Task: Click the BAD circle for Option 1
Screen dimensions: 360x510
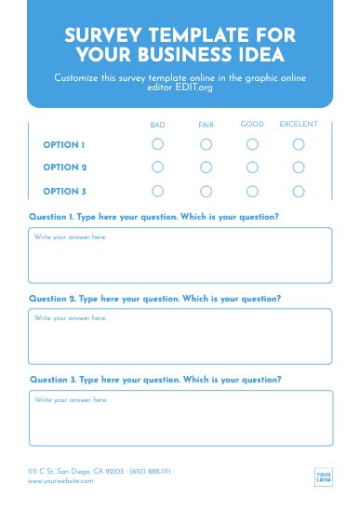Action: click(x=157, y=144)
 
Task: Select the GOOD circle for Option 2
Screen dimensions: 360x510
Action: click(x=252, y=168)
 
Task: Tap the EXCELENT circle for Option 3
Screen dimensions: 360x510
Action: click(x=299, y=191)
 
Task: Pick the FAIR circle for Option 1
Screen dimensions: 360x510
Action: click(x=206, y=144)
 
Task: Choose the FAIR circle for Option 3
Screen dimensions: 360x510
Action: click(x=206, y=191)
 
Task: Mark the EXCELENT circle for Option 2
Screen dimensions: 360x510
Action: click(x=299, y=168)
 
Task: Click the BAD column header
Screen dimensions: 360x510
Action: click(x=157, y=125)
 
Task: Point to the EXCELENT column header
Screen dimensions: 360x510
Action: click(x=299, y=124)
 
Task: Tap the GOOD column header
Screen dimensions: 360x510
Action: click(x=252, y=124)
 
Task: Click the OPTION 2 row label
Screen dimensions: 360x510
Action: click(x=64, y=168)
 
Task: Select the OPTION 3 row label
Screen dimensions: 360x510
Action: click(x=64, y=192)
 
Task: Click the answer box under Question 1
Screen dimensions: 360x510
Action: click(x=180, y=255)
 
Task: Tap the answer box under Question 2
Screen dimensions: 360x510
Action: click(x=180, y=336)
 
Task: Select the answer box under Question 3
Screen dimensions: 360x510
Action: click(x=180, y=418)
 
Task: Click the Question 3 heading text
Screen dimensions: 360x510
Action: click(x=155, y=380)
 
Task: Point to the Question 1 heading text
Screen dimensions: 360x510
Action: click(x=153, y=217)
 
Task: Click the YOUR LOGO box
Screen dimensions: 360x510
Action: click(x=324, y=476)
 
